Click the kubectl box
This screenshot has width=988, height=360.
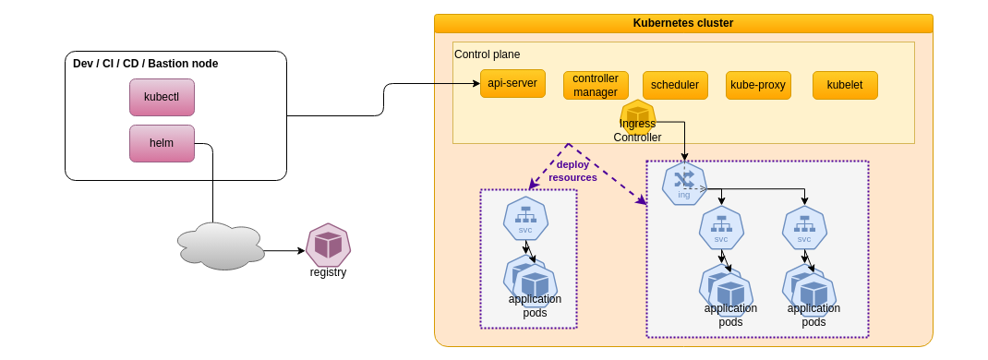pyautogui.click(x=162, y=97)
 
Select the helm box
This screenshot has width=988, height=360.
pyautogui.click(x=162, y=143)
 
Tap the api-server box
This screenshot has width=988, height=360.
pyautogui.click(x=512, y=83)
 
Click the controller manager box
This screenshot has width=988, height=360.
pyautogui.click(x=596, y=85)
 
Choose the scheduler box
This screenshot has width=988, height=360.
pyautogui.click(x=675, y=85)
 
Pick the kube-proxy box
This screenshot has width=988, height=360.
pyautogui.click(x=758, y=85)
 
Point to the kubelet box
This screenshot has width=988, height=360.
pyautogui.click(x=845, y=85)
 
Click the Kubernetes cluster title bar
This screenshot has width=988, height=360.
pyautogui.click(x=683, y=23)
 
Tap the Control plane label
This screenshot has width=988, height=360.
pyautogui.click(x=487, y=54)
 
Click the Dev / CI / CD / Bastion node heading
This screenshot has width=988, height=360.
pyautogui.click(x=146, y=64)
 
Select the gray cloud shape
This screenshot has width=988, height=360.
pyautogui.click(x=220, y=246)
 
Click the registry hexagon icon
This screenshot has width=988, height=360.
pyautogui.click(x=328, y=245)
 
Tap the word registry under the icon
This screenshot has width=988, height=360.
pyautogui.click(x=328, y=272)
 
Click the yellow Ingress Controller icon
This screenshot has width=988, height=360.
pyautogui.click(x=637, y=114)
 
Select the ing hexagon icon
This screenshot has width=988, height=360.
pyautogui.click(x=684, y=183)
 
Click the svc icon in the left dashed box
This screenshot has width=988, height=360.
pyautogui.click(x=525, y=218)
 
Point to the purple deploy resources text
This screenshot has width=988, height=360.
pyautogui.click(x=572, y=171)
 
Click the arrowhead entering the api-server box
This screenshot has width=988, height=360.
pyautogui.click(x=476, y=84)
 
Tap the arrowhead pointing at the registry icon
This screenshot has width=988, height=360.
pyautogui.click(x=301, y=250)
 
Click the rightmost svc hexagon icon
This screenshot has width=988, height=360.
pyautogui.click(x=804, y=227)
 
